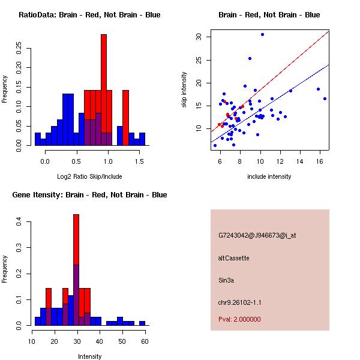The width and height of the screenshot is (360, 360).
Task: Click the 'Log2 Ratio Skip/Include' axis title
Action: [89, 176]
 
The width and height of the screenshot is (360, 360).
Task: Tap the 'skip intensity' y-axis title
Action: [185, 90]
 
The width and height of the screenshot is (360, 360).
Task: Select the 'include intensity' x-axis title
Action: [269, 176]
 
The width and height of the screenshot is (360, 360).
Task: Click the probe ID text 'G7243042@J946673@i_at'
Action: [257, 235]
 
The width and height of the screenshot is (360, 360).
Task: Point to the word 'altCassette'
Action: [233, 258]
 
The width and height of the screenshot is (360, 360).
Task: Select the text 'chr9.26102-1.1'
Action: [239, 302]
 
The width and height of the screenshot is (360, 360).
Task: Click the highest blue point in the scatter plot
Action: [262, 34]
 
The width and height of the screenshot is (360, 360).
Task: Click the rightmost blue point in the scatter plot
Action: [325, 98]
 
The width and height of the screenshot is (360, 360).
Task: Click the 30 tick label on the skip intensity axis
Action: [199, 37]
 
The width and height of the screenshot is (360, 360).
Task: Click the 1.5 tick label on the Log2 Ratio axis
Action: [139, 161]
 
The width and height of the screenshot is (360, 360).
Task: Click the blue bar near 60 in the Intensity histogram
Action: [142, 323]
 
